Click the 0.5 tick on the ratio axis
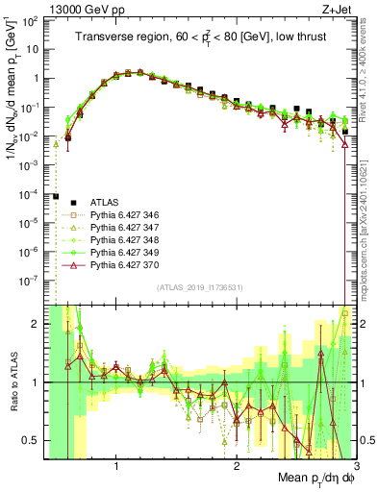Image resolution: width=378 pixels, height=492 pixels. point(34,440)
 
